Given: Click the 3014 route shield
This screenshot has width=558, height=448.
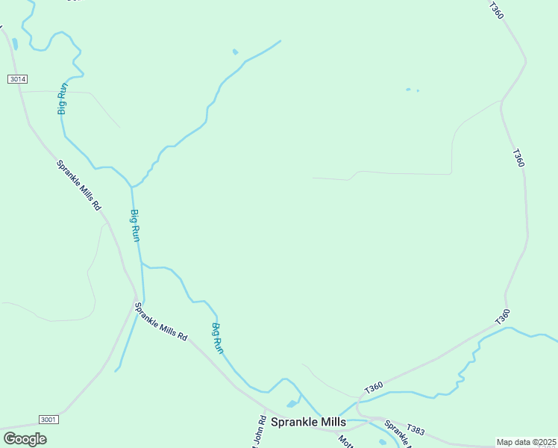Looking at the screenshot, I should coord(17,78).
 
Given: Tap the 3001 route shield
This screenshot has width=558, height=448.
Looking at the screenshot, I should coord(48,420).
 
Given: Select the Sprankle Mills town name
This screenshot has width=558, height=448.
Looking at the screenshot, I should coord(308,422).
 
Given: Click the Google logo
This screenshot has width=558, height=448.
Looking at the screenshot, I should coord(25,438).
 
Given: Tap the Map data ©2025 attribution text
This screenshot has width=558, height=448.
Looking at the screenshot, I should coord(526,442).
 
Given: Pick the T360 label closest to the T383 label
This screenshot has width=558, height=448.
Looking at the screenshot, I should coord(374,388).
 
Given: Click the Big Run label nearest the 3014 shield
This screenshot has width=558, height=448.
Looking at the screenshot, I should coord(63,98).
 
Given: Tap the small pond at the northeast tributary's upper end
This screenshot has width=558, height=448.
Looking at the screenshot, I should coord(236,52).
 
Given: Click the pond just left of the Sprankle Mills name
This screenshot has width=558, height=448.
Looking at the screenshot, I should coord(292,404).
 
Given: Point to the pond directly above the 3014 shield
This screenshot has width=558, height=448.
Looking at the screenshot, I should coord(14,43).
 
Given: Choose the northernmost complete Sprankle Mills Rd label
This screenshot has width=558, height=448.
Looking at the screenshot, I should coord(78,184).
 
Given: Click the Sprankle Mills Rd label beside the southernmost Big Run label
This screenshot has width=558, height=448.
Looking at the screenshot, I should coord(160,322).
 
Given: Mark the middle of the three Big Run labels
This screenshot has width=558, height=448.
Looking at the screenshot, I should coord(135,225).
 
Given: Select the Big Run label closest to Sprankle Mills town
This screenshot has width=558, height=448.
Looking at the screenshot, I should coord(217,337).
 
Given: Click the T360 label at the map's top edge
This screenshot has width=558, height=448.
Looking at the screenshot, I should coord(497,10).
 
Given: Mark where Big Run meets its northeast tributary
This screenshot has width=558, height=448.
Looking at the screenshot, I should coord(132,187).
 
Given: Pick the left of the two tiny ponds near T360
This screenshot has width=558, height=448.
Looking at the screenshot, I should coord(408,90).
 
